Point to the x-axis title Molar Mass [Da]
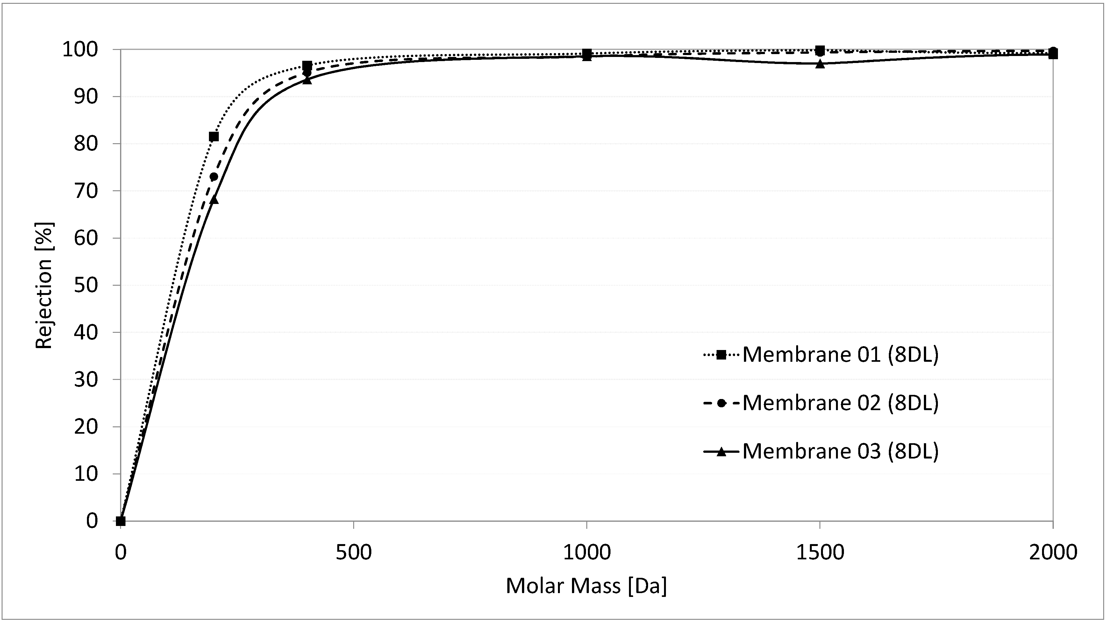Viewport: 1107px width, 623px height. point(586,586)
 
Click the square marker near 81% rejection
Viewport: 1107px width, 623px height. point(214,136)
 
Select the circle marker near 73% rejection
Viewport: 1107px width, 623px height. point(214,177)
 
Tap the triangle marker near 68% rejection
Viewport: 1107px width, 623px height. point(214,199)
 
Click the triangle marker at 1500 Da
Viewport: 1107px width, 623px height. point(820,64)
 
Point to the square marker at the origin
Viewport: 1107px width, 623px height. point(121,521)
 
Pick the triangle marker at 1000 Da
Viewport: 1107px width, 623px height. point(587,57)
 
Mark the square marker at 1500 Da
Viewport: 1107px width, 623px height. point(820,50)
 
